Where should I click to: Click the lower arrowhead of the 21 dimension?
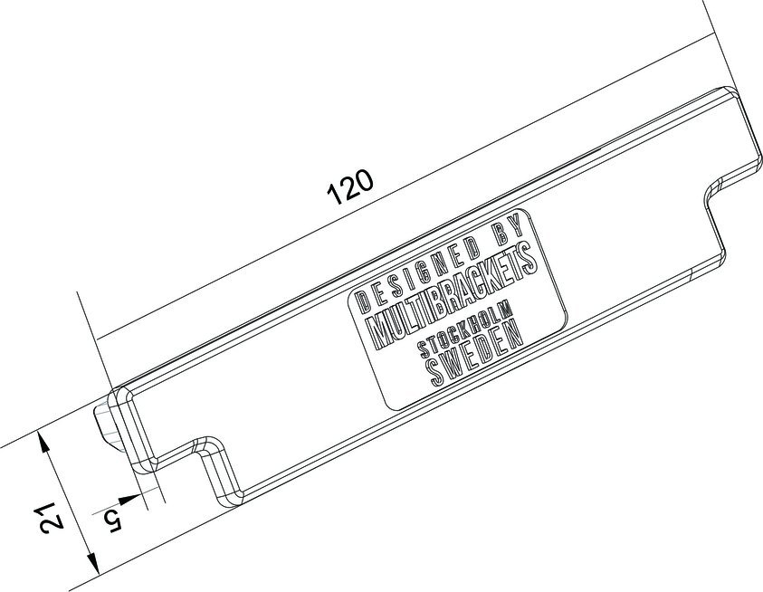click(93, 568)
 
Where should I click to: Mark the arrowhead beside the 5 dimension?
click(138, 497)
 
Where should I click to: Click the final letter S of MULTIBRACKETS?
click(533, 257)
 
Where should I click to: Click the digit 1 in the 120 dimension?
click(333, 196)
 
